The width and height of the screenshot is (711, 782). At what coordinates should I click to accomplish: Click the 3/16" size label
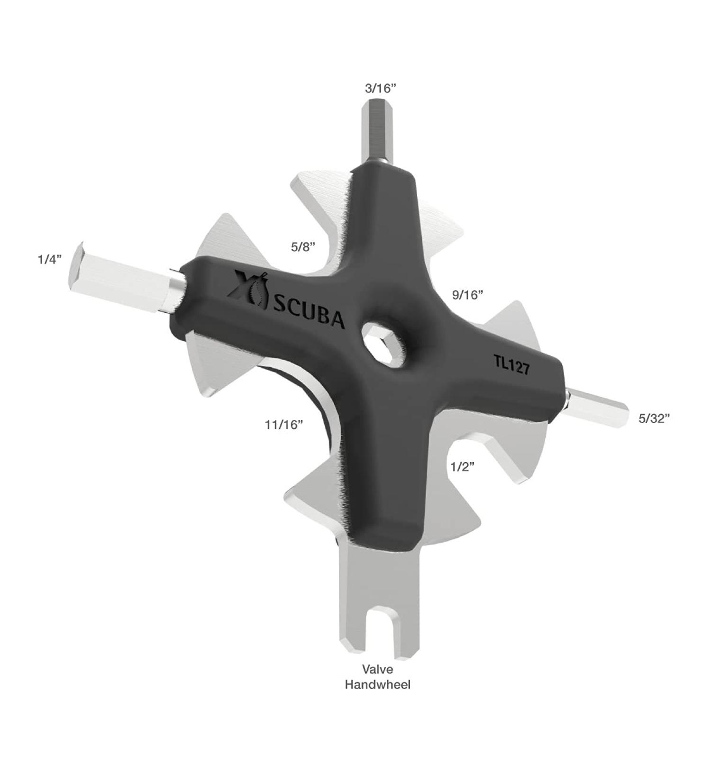[380, 88]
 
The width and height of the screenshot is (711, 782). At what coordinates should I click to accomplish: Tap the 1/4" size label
[50, 260]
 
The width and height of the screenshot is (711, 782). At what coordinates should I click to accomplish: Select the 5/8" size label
[303, 247]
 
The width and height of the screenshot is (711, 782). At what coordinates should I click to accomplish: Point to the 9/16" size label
[467, 295]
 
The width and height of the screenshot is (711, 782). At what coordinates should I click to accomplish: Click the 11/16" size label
[284, 425]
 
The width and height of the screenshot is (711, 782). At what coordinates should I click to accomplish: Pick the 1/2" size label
[463, 467]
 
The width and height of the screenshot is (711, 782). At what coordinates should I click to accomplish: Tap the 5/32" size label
[654, 418]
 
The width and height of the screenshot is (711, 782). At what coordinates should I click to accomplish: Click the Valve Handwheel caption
[378, 677]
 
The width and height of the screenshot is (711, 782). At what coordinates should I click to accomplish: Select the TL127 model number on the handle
[512, 365]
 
